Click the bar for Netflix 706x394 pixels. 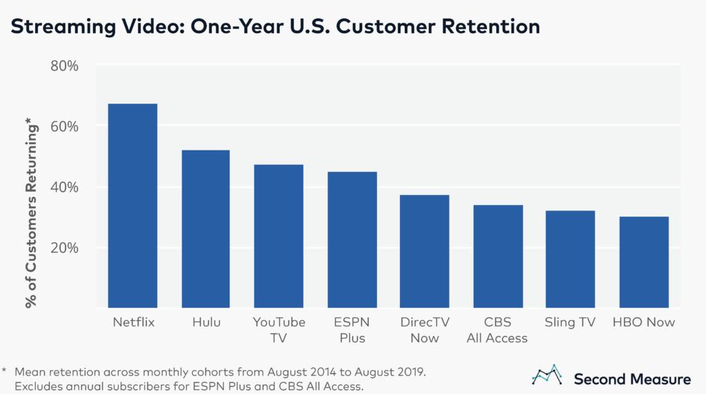tap(133, 206)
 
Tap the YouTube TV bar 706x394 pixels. tap(279, 236)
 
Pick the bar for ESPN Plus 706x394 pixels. tap(352, 239)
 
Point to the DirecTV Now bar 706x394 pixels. tap(425, 251)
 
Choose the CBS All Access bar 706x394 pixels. tap(498, 256)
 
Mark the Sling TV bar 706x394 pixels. tap(570, 259)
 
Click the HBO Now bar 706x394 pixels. tap(643, 262)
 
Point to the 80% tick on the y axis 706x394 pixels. tap(65, 66)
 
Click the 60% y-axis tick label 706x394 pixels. tap(65, 126)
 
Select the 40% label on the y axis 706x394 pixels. tap(65, 187)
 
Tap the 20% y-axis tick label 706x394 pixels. tap(65, 248)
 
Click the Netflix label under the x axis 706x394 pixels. tap(133, 322)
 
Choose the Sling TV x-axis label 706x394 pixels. tap(570, 322)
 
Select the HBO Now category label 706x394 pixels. tap(643, 322)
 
